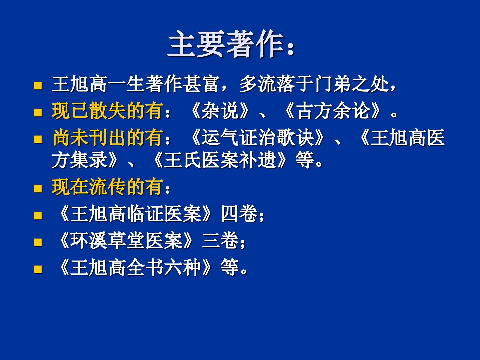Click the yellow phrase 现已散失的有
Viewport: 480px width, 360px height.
tap(108, 111)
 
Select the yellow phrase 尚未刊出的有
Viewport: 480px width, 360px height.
tap(108, 137)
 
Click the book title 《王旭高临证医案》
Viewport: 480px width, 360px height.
tap(135, 213)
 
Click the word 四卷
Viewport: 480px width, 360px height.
tap(239, 213)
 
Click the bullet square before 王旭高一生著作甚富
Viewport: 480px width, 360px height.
tap(38, 85)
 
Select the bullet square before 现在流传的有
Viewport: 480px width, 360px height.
tap(38, 188)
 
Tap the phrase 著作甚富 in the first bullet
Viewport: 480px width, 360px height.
tap(182, 84)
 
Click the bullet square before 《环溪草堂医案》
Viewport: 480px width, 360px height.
tap(38, 242)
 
